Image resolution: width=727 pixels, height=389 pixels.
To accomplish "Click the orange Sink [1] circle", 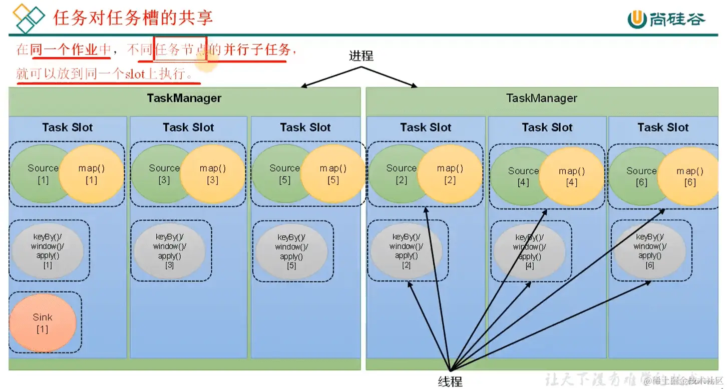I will [x=43, y=322].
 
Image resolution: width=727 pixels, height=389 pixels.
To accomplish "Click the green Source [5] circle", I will [x=278, y=173].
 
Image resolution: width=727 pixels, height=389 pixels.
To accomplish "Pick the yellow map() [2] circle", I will [x=450, y=173].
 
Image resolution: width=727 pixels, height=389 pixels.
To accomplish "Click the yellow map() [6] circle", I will [x=689, y=176].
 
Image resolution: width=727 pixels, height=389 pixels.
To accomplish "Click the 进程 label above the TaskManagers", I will [x=361, y=55].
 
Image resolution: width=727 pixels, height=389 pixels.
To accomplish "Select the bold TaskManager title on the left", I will [x=184, y=98].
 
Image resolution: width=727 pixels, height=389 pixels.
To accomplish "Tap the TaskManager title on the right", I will [x=541, y=98].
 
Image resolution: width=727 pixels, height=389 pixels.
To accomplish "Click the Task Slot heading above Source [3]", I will [x=188, y=127].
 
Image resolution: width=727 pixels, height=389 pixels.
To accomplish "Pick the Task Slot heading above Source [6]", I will [x=663, y=127].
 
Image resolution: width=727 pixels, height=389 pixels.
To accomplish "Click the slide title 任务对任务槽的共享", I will [x=133, y=17].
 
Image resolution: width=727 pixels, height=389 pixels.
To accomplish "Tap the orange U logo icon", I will [x=637, y=19].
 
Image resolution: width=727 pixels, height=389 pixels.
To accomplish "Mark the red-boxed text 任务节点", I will [x=180, y=49].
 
